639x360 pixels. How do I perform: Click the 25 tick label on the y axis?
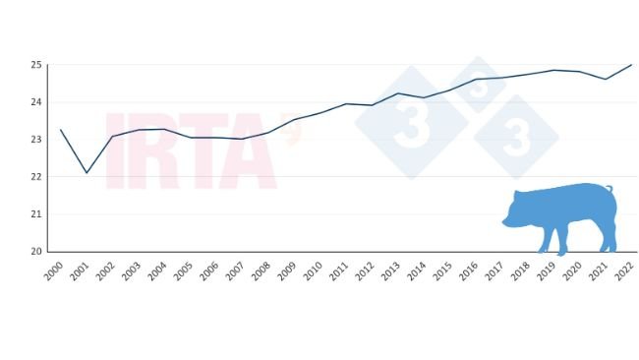pos(35,65)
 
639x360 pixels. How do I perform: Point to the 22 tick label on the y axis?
pos(35,177)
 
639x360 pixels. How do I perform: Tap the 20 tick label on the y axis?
pos(35,252)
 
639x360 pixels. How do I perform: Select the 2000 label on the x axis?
pos(53,272)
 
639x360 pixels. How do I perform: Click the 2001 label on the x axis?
pos(80,272)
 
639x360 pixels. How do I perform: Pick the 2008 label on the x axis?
pos(261,272)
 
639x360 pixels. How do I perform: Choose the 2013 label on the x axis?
pos(390,272)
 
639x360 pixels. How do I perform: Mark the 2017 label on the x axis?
pos(494,272)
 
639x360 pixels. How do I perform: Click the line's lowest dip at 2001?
pos(87,173)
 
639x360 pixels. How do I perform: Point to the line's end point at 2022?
pos(631,65)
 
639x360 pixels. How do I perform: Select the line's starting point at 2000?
pos(61,130)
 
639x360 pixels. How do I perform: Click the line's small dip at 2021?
pos(606,79)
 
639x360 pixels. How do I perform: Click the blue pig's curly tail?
pos(610,188)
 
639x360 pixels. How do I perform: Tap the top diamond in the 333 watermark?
pos(477,85)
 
